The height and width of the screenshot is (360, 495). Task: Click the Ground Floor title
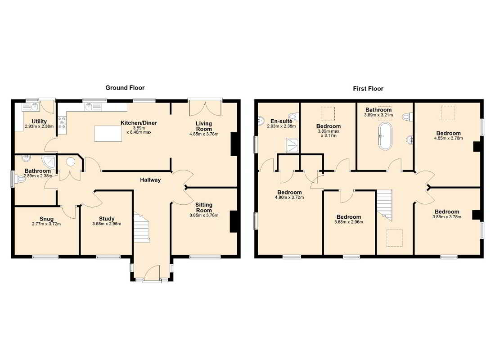[x=125, y=88]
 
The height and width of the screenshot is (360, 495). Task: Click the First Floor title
[x=368, y=89]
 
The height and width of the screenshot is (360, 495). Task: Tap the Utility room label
[x=39, y=121]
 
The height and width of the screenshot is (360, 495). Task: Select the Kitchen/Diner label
[x=139, y=123]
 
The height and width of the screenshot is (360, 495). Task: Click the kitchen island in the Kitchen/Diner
[x=108, y=133]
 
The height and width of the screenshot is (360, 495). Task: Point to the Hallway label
[x=150, y=180]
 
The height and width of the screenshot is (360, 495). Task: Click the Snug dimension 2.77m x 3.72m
[x=46, y=224]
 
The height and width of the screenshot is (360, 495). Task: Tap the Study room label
[x=107, y=219]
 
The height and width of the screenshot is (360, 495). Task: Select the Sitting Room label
[x=203, y=207]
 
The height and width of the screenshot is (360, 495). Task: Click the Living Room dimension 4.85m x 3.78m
[x=203, y=134]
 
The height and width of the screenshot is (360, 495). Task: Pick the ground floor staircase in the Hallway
[x=141, y=227]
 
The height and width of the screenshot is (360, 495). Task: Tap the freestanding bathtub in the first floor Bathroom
[x=385, y=136]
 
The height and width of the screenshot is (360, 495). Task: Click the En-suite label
[x=281, y=121]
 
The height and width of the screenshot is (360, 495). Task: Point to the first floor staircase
[x=384, y=205]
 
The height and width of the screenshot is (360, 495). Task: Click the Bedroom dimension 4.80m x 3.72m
[x=289, y=198]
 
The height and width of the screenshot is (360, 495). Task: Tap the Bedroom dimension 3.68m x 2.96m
[x=348, y=222]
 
